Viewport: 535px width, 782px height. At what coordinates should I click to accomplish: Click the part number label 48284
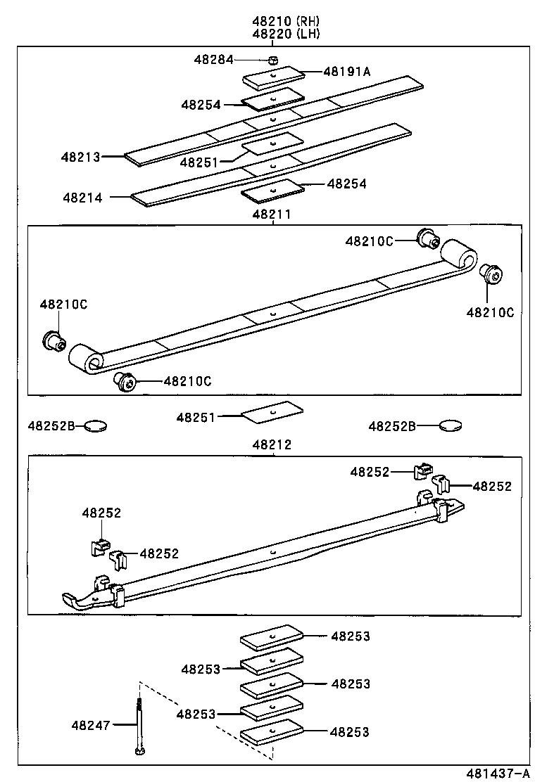point(213,60)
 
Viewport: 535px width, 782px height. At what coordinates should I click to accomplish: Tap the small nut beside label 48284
point(274,60)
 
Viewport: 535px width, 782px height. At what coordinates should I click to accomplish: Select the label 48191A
point(346,71)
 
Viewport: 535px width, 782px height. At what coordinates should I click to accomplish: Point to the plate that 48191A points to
point(273,75)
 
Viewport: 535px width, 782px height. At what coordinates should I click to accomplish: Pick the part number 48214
point(82,198)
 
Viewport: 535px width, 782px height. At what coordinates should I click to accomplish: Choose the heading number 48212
point(271,445)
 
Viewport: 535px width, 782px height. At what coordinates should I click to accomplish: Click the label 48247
point(90,725)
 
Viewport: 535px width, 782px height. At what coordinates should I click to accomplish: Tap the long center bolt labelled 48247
point(139,724)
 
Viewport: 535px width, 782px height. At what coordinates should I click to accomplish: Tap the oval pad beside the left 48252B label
point(96,425)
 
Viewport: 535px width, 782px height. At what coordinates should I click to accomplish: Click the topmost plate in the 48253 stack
point(272,637)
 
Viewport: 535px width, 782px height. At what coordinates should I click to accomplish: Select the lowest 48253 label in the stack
point(350,732)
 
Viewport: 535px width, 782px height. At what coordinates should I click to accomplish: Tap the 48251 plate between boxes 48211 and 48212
point(272,411)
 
